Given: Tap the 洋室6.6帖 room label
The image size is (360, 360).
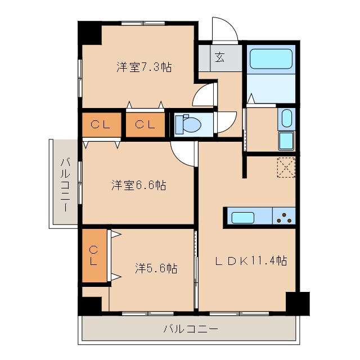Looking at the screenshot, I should coord(138,185).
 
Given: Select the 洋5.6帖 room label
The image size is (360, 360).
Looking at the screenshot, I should coord(156,268).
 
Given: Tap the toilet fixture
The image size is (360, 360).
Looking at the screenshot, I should coord(184,124).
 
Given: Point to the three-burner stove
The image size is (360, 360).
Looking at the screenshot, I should coord(285,217).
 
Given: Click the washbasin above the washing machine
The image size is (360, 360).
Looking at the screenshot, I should coord(285,119).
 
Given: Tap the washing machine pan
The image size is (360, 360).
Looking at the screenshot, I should coord(286,141).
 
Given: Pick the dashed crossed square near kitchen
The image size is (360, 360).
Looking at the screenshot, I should coord(286,167).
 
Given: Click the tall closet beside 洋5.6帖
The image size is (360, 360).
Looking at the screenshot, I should coord(94,255).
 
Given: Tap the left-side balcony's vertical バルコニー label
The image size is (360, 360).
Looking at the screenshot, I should coord(65,183).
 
